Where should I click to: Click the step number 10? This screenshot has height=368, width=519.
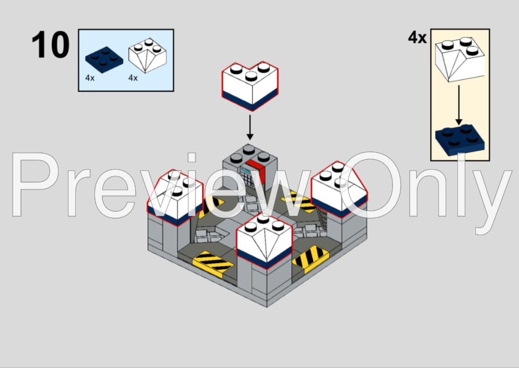pyautogui.click(x=51, y=44)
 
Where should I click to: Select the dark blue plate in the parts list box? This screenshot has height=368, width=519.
pyautogui.click(x=104, y=60)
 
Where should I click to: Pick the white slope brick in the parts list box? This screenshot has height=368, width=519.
pyautogui.click(x=147, y=56)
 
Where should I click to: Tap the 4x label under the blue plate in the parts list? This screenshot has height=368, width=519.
pyautogui.click(x=90, y=78)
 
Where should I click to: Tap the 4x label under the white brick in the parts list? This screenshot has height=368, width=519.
pyautogui.click(x=133, y=78)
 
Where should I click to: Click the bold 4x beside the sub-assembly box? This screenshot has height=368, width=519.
pyautogui.click(x=417, y=38)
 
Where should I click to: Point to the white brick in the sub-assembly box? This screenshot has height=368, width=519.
pyautogui.click(x=460, y=59)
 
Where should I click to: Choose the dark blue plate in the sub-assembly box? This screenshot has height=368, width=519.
pyautogui.click(x=460, y=140)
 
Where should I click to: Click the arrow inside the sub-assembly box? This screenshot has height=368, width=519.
pyautogui.click(x=459, y=105)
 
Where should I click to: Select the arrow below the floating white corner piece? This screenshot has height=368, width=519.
pyautogui.click(x=250, y=127)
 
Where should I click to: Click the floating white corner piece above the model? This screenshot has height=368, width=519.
pyautogui.click(x=250, y=86)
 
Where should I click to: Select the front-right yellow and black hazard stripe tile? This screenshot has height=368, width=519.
pyautogui.click(x=311, y=259)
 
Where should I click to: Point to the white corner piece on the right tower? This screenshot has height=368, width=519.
pyautogui.click(x=339, y=189)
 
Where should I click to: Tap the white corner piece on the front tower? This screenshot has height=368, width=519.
pyautogui.click(x=264, y=241)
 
